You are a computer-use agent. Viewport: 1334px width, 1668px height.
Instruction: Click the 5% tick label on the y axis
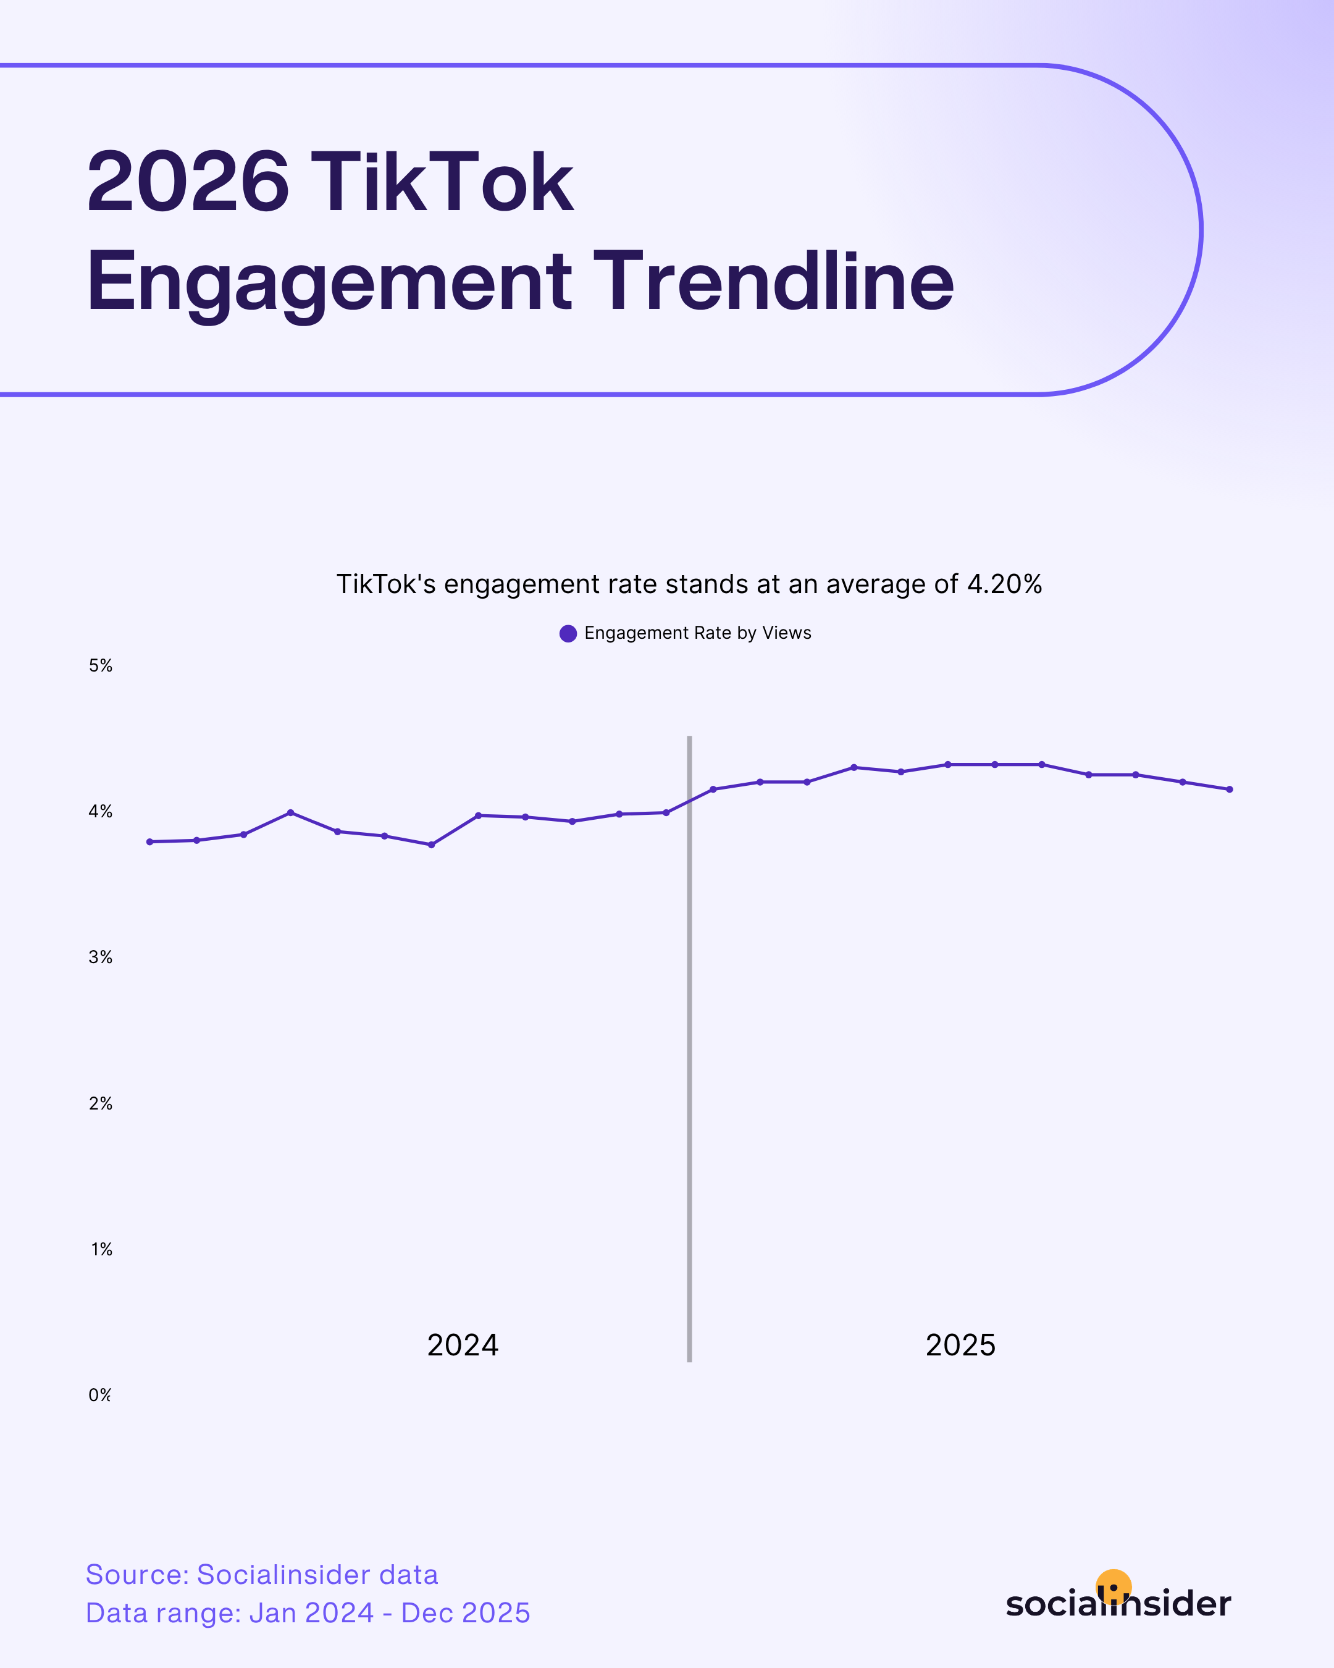coord(101,665)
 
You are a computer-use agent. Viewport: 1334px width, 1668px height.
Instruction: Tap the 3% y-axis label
coord(101,957)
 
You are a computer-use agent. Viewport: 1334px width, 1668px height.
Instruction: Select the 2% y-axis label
coord(101,1103)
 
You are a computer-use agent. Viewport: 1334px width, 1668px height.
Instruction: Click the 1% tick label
coord(101,1249)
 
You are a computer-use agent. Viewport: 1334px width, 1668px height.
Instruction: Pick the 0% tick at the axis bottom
coord(100,1395)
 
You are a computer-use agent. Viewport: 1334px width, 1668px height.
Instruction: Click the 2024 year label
coord(463,1345)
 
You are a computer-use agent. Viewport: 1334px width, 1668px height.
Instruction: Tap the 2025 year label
coord(960,1345)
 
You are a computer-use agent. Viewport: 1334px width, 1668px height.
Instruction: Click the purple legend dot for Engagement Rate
coord(568,634)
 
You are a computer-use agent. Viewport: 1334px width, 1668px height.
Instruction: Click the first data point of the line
coord(150,842)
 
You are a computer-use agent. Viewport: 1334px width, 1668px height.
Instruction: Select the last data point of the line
coord(1230,789)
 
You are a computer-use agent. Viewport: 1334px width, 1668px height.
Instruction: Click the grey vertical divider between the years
coord(689,1083)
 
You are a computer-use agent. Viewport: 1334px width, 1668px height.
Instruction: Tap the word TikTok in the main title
coord(441,183)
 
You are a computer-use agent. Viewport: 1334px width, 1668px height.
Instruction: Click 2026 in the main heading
coord(188,183)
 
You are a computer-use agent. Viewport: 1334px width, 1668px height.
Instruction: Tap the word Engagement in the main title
coord(329,282)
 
